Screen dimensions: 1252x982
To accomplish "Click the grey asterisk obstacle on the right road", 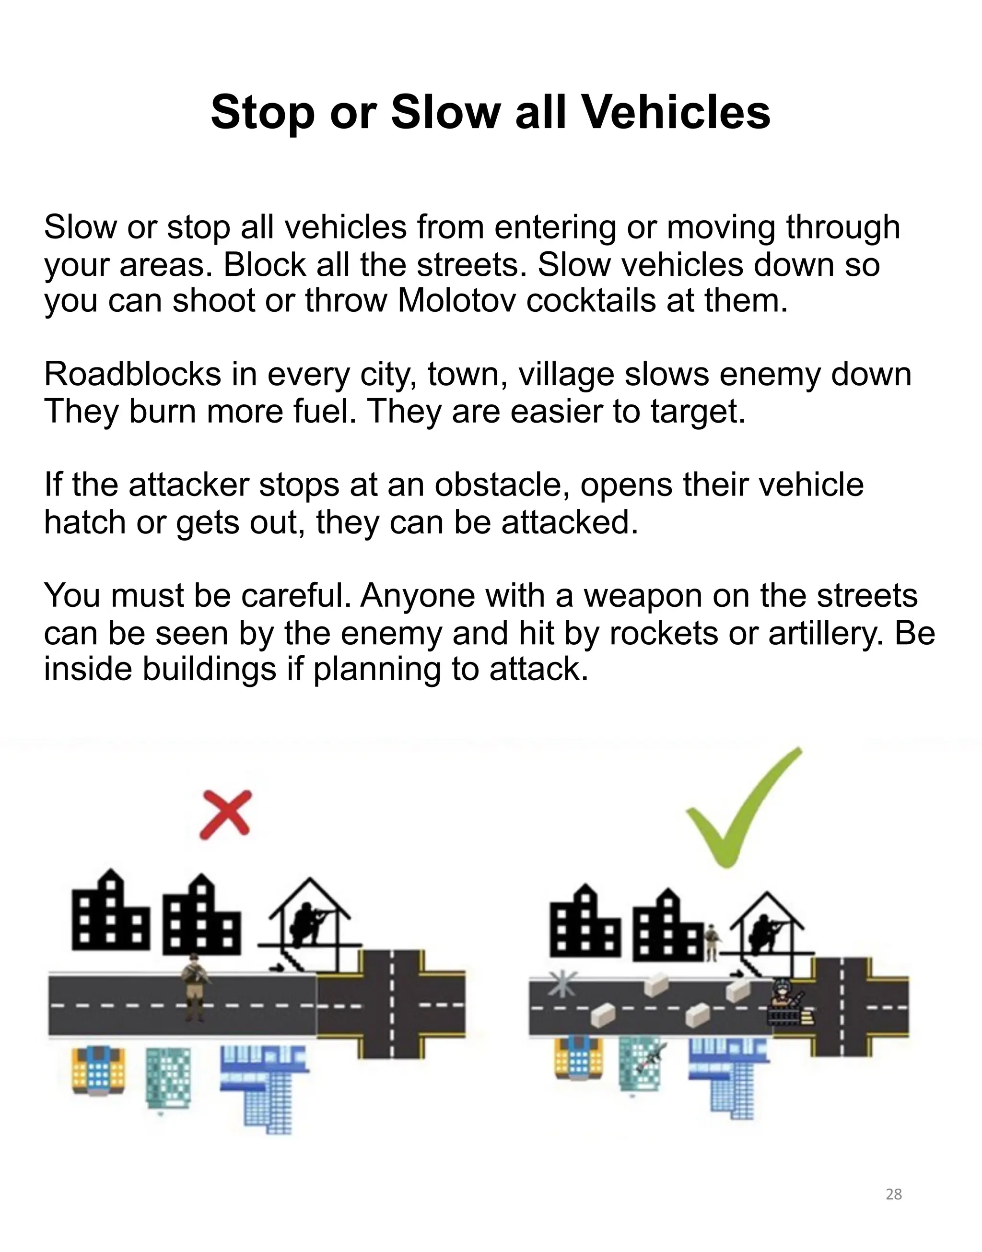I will click(561, 983).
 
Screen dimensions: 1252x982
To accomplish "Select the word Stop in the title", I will click(262, 112).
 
